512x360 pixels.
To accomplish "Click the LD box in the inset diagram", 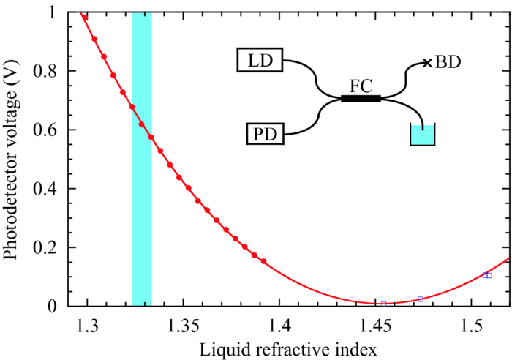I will pos(260,61).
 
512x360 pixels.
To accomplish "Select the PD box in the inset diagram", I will pos(260,135).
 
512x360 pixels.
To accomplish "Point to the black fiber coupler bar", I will pos(361,98).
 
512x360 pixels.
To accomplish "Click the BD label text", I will pos(448,63).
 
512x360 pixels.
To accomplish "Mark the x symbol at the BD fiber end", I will pos(427,63).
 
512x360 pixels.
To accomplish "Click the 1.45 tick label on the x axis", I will pos(376,324).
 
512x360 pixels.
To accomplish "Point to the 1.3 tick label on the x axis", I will pos(88,324).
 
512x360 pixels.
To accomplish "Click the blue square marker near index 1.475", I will pos(421,299).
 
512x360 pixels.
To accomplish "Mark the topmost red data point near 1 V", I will pos(85,17).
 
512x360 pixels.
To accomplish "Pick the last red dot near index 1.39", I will pos(264,261).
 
